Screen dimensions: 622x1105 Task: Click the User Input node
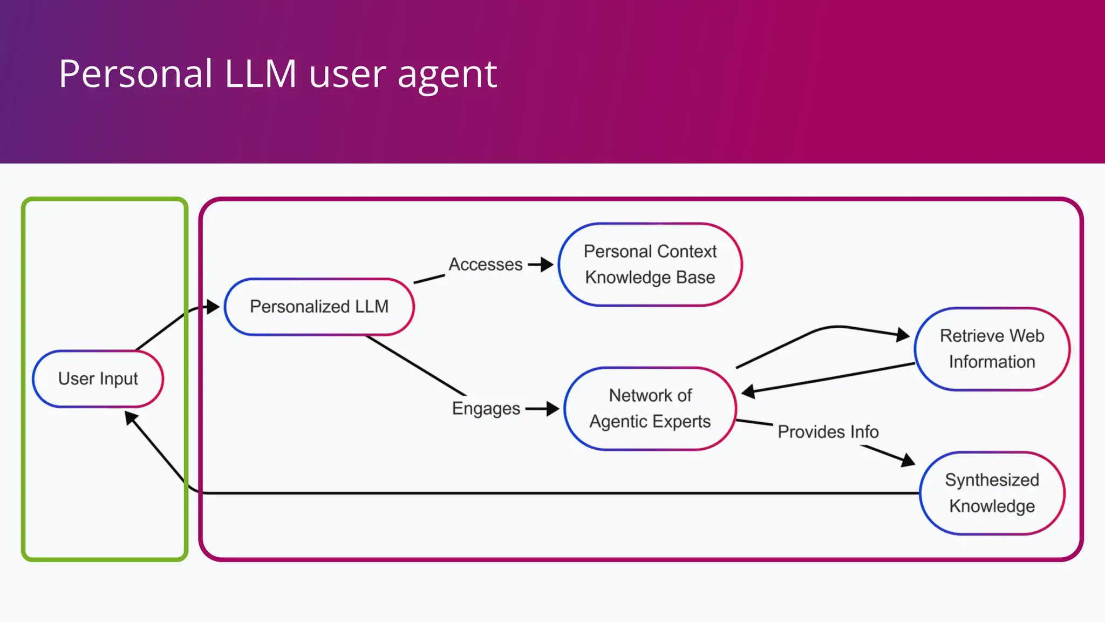98,378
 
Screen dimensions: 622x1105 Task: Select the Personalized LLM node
319,307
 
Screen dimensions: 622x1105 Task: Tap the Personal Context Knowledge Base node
650,265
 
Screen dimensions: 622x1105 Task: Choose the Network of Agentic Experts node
650,409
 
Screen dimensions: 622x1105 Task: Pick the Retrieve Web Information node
992,349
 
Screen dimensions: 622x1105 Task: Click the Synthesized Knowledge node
992,493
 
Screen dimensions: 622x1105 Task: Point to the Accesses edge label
486,265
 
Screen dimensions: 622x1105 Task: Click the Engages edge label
486,409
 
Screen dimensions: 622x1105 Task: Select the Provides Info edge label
828,432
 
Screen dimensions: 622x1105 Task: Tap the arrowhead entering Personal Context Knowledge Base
547,265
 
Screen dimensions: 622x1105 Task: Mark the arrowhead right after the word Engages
552,409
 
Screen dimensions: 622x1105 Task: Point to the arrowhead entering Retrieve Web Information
903,335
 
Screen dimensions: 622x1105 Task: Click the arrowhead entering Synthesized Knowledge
908,461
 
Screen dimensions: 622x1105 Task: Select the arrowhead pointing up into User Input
131,418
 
